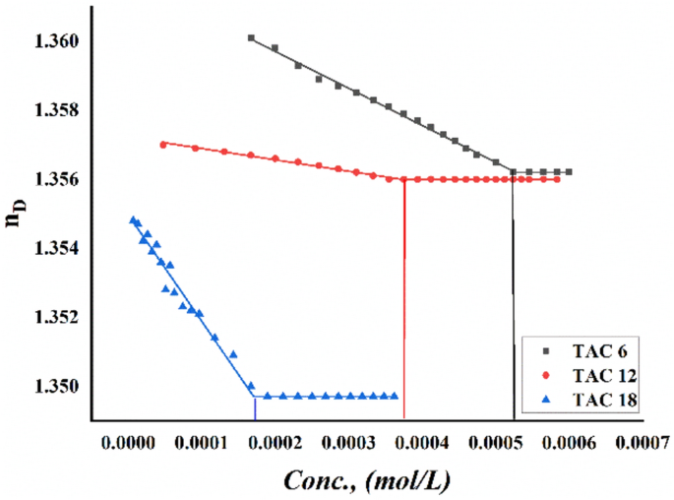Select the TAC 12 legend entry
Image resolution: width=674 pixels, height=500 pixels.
point(600,375)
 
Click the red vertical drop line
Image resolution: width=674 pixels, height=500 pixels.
point(404,295)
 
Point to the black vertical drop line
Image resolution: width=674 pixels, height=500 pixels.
point(513,295)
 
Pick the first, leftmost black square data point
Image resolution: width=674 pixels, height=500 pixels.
point(251,37)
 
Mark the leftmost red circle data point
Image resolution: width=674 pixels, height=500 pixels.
point(162,144)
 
